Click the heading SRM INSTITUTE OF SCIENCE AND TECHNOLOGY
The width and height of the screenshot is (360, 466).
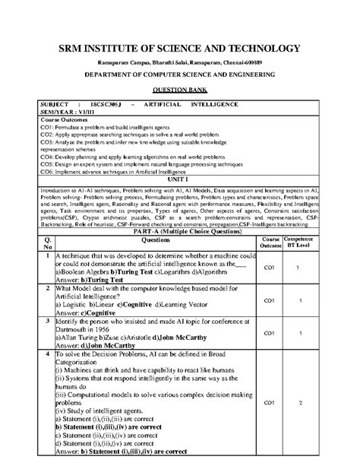[x=179, y=49]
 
